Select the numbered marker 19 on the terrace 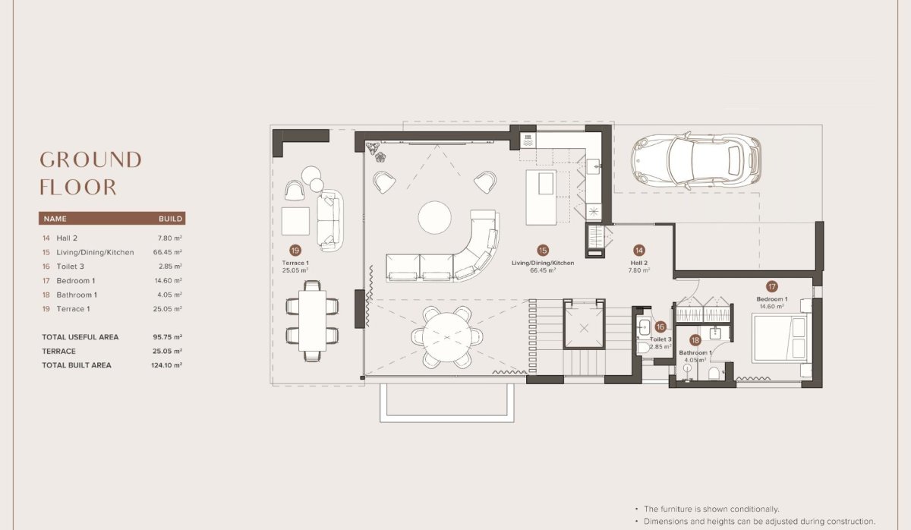(x=295, y=250)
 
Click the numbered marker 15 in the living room (x=542, y=250)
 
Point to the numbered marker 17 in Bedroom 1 (x=771, y=286)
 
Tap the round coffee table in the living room (x=435, y=217)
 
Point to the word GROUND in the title (x=90, y=160)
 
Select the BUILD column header (x=170, y=219)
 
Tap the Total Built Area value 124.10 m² (x=167, y=365)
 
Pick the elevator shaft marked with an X (x=585, y=328)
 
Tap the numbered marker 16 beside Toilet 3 (x=660, y=327)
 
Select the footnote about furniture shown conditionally (x=711, y=509)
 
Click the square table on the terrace (x=295, y=221)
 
